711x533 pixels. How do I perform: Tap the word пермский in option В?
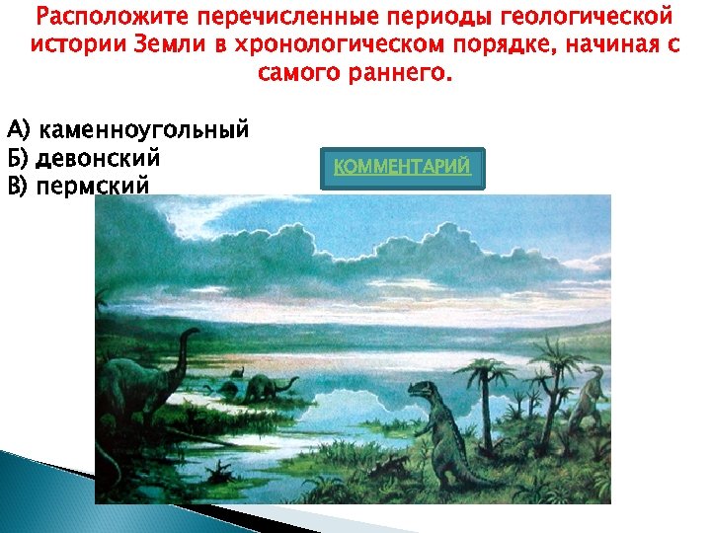pyautogui.click(x=94, y=186)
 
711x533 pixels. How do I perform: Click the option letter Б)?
pyautogui.click(x=19, y=158)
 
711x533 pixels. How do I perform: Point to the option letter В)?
pyautogui.click(x=19, y=186)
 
